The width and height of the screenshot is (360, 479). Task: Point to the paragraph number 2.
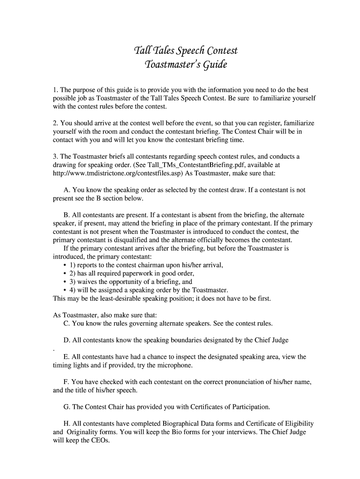(x=55, y=123)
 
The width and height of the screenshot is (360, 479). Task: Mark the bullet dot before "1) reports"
(x=64, y=265)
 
